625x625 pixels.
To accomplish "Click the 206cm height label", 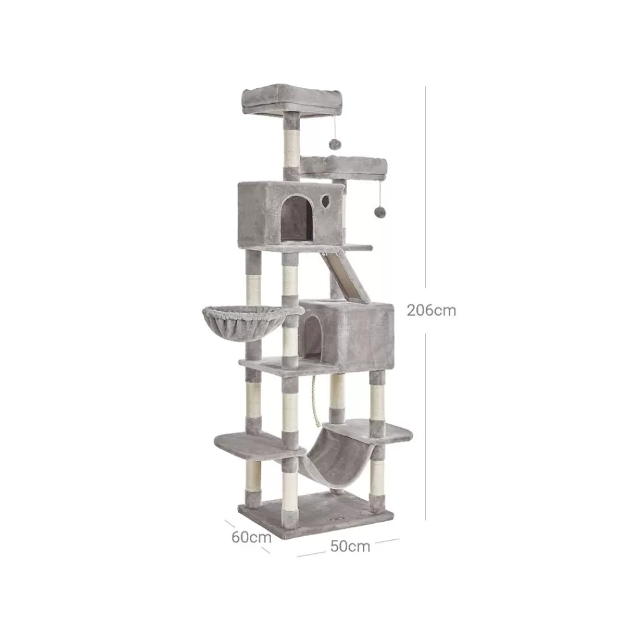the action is pyautogui.click(x=431, y=310).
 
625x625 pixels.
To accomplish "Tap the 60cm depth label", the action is pyautogui.click(x=251, y=537).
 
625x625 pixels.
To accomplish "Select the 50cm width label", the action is pyautogui.click(x=350, y=546).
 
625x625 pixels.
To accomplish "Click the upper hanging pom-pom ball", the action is pyautogui.click(x=334, y=144).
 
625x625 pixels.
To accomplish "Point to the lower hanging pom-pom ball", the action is pyautogui.click(x=380, y=212).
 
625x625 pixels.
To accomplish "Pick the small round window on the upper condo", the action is pyautogui.click(x=326, y=201).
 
